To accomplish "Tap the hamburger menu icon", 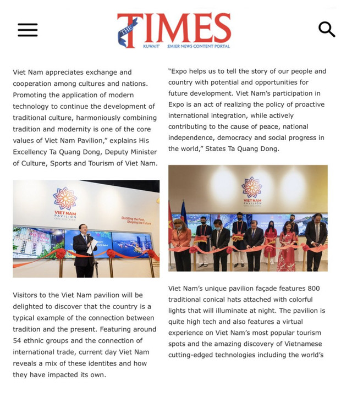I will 28,30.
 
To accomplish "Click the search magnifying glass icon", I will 327,30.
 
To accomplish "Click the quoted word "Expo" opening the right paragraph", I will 179,71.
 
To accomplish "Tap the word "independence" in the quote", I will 191,137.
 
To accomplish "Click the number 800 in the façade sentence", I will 309,289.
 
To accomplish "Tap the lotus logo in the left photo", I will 65,198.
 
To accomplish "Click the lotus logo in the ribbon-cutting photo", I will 252,187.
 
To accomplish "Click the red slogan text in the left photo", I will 137,220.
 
